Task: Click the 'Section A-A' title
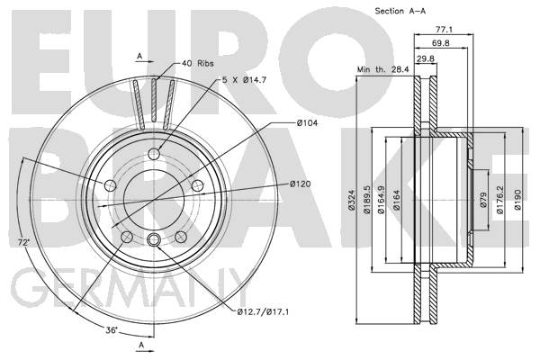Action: pyautogui.click(x=400, y=11)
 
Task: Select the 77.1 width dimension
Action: pyautogui.click(x=444, y=30)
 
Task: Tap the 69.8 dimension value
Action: pyautogui.click(x=440, y=43)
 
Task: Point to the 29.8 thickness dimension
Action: pyautogui.click(x=426, y=58)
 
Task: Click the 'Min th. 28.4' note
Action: pyautogui.click(x=383, y=69)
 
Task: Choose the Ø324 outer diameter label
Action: pyautogui.click(x=351, y=200)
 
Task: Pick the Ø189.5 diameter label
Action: pyautogui.click(x=366, y=200)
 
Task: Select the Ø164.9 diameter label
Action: pyautogui.click(x=381, y=200)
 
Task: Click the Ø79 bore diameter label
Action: pyautogui.click(x=483, y=200)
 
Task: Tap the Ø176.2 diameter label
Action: pyautogui.click(x=500, y=200)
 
